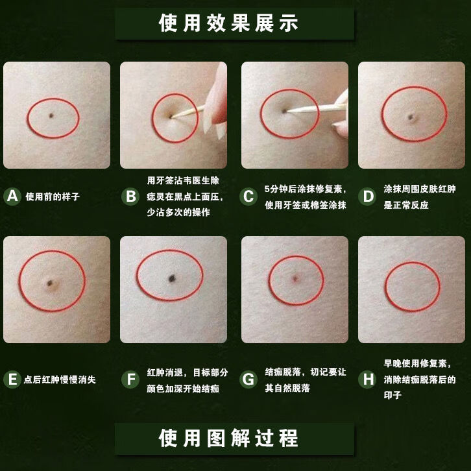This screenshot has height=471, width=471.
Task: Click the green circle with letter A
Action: pyautogui.click(x=12, y=197)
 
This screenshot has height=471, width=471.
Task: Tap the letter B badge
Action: pyautogui.click(x=131, y=197)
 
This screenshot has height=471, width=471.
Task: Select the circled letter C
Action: pyautogui.click(x=248, y=197)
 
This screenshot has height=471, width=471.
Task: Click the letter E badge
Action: pyautogui.click(x=12, y=380)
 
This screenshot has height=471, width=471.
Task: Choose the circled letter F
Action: pyautogui.click(x=131, y=380)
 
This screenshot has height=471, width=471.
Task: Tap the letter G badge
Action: pyautogui.click(x=248, y=380)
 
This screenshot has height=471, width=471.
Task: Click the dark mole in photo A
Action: pyautogui.click(x=51, y=116)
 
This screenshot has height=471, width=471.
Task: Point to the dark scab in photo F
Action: pyautogui.click(x=173, y=278)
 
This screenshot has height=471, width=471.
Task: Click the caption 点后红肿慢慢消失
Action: pyautogui.click(x=60, y=380)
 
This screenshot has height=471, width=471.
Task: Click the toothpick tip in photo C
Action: pyautogui.click(x=286, y=112)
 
